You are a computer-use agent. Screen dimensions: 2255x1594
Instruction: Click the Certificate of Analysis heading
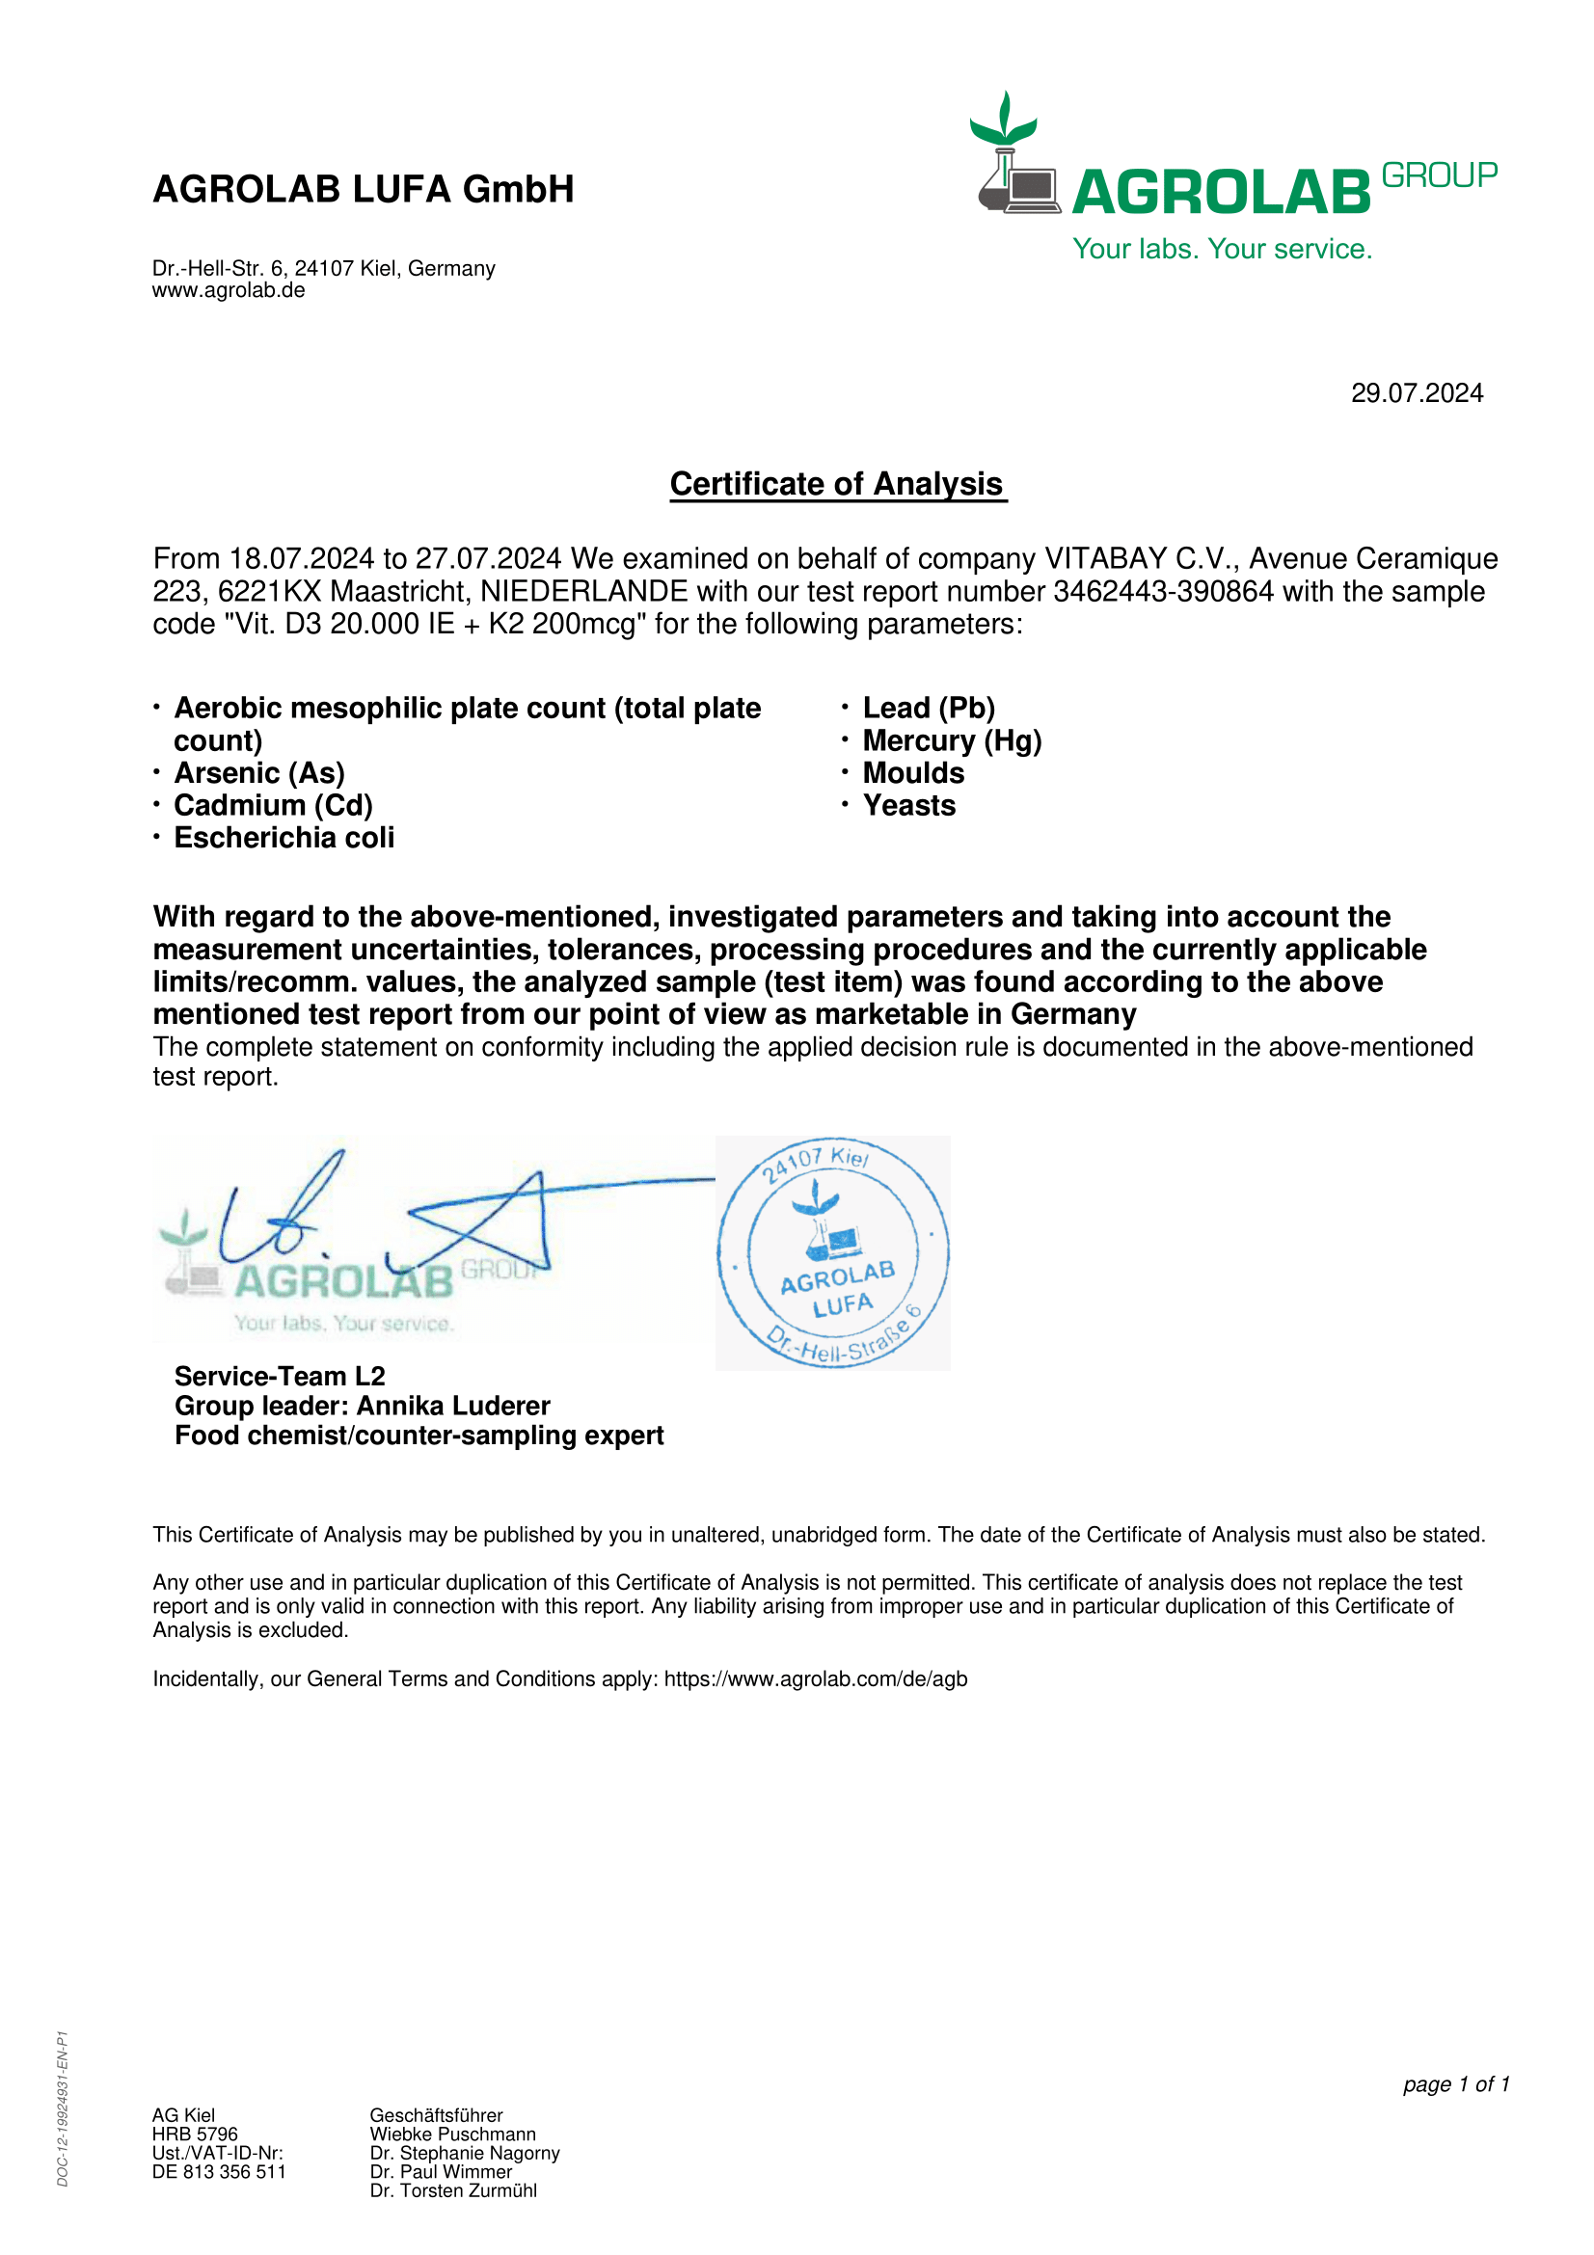point(837,484)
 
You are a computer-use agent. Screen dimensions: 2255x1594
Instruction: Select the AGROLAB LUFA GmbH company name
point(364,190)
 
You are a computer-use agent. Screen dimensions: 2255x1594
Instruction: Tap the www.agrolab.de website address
point(229,291)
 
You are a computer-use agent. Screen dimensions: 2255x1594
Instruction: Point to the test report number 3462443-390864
point(1163,591)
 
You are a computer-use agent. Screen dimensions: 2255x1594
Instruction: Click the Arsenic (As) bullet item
point(259,774)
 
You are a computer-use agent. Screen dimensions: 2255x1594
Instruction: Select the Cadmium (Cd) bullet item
point(273,806)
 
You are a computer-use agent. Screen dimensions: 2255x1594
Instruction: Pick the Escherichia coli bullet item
point(284,839)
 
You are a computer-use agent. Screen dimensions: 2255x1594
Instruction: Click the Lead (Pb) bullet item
point(928,709)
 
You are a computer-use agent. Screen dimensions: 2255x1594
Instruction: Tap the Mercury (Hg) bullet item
point(952,741)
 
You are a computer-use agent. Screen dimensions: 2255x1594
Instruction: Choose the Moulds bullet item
point(913,774)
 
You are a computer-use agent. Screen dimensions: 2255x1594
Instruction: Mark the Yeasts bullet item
point(908,806)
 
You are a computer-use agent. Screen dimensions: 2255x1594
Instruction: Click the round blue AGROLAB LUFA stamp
point(833,1253)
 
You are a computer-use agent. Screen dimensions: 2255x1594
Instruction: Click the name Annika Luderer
point(454,1407)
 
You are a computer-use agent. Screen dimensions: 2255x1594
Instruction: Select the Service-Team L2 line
point(280,1377)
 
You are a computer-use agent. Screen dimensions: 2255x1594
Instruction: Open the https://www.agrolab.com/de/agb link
point(815,1679)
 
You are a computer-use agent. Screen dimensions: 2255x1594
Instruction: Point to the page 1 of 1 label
point(1455,2085)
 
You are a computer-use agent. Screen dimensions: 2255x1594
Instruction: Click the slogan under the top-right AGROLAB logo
point(1222,250)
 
